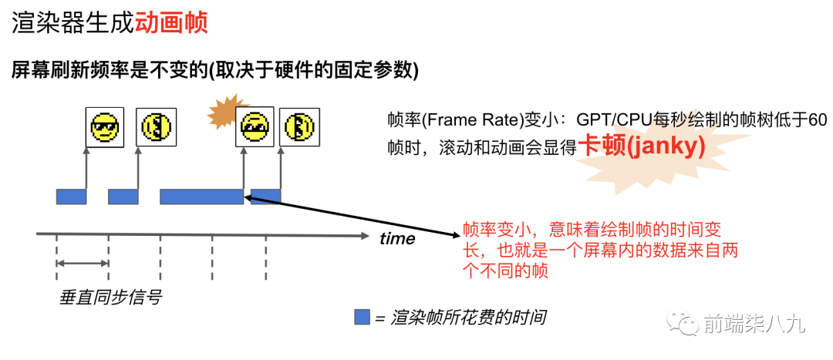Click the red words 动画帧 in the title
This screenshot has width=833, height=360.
click(x=171, y=22)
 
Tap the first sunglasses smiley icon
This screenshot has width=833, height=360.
click(x=105, y=128)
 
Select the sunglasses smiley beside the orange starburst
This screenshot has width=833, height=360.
click(x=255, y=127)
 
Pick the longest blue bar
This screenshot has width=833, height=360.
click(x=201, y=197)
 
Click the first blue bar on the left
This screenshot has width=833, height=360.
click(x=71, y=197)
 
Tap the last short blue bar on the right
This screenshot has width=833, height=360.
click(x=266, y=197)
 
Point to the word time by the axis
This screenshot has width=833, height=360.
click(x=397, y=239)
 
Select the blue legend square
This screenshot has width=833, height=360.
click(x=362, y=317)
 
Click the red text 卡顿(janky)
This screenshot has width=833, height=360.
click(x=642, y=146)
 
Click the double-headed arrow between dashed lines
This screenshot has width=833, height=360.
click(x=83, y=265)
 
